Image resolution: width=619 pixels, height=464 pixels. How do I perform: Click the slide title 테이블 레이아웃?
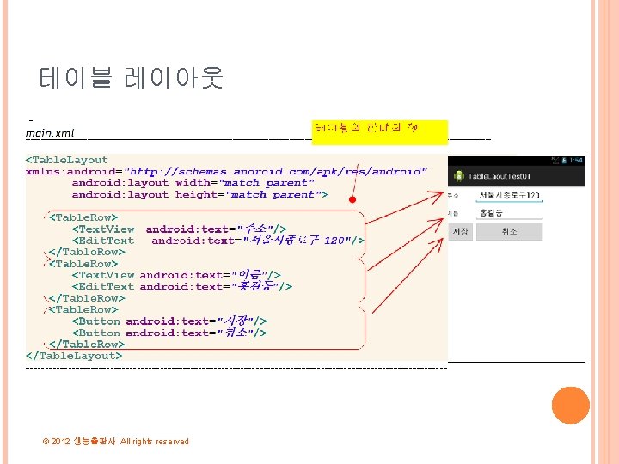pos(132,78)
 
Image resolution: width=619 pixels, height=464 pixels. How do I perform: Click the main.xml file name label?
pos(50,133)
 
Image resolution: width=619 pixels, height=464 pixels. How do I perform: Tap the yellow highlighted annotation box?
pos(380,130)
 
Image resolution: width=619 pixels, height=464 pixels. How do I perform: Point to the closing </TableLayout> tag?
pos(74,356)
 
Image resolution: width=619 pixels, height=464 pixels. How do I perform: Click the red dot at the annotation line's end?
pos(352,200)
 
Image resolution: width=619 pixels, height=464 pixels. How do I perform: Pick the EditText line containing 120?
pos(219,241)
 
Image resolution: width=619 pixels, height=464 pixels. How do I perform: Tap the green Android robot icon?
pos(460,176)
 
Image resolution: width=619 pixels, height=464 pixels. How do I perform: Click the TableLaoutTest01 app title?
pos(498,176)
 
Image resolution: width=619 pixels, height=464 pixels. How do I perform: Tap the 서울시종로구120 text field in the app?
pos(509,196)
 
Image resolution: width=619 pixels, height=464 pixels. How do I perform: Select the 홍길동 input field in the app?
pos(509,212)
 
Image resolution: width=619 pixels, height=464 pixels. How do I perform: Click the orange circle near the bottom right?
pos(570,405)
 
